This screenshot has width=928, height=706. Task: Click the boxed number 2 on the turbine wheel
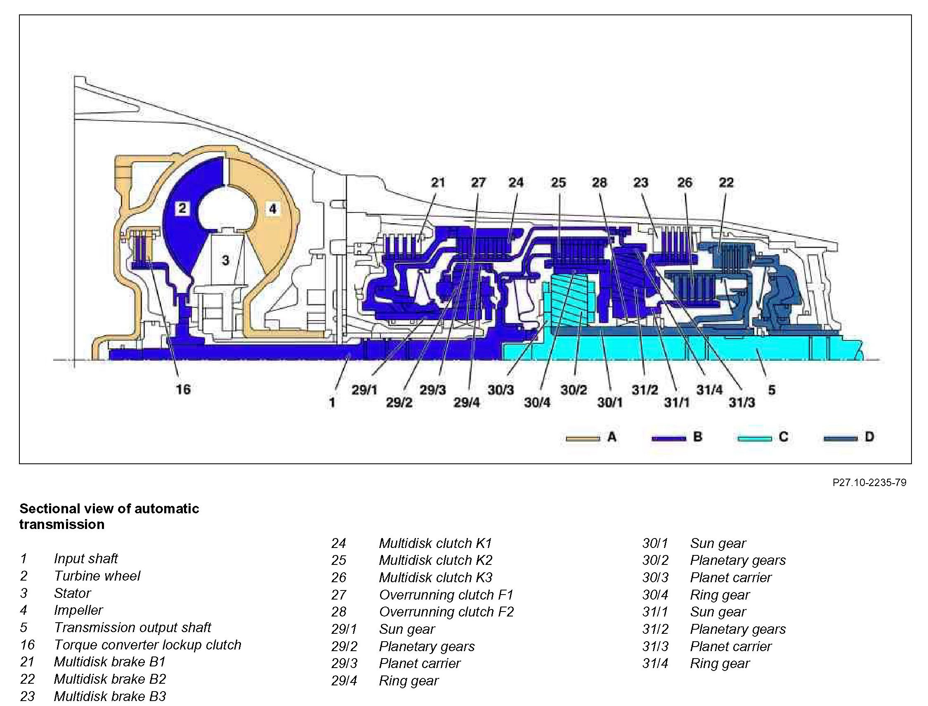click(182, 208)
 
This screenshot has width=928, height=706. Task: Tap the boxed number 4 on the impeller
click(273, 208)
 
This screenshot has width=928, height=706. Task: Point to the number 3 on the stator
click(225, 260)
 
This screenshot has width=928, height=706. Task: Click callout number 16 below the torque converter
click(183, 389)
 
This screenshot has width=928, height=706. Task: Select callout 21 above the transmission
click(438, 182)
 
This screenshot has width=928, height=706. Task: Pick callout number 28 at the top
click(599, 182)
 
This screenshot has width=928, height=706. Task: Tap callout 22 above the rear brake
click(726, 182)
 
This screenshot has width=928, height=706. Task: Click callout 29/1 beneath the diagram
click(364, 390)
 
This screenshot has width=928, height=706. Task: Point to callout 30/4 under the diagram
click(537, 403)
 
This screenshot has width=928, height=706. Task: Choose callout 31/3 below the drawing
click(742, 403)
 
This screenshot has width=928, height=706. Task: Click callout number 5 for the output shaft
click(772, 390)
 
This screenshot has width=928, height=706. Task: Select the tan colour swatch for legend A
click(583, 438)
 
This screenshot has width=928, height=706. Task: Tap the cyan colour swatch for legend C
click(754, 438)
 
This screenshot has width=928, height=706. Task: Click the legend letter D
click(869, 437)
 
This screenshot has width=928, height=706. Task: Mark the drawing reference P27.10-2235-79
click(869, 482)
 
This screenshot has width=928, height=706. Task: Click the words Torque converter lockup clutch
click(148, 645)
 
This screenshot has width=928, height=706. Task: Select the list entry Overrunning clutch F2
click(446, 612)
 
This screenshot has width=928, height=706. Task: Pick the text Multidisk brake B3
click(110, 696)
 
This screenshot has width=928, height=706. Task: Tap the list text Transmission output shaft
click(132, 628)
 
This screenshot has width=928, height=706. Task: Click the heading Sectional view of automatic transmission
click(109, 517)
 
